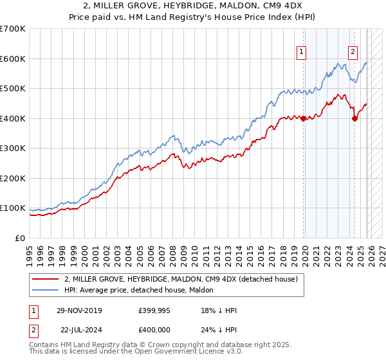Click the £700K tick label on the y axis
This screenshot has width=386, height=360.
pos(13,29)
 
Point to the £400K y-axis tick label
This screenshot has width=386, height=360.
pos(13,118)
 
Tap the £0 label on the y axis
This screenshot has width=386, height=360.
pos(21,238)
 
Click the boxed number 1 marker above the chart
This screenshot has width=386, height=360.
pos(302,53)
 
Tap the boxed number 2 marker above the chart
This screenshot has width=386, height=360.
pos(353,53)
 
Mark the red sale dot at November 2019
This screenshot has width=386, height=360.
pos(303,118)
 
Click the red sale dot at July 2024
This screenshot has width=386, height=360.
pos(354,118)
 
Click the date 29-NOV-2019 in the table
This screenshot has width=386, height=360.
pos(79,311)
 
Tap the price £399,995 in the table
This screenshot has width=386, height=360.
pos(153,311)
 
